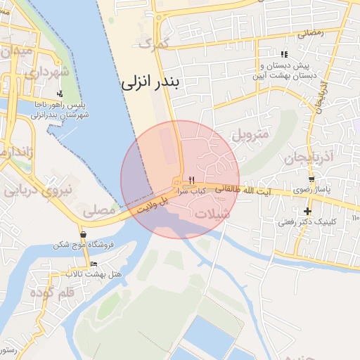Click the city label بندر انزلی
(150, 82)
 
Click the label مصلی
(98, 210)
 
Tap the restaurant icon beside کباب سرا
(182, 180)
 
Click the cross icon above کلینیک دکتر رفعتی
(307, 211)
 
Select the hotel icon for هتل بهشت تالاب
(94, 264)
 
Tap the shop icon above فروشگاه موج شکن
(84, 235)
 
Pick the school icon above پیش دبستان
(284, 54)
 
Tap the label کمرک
(155, 43)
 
